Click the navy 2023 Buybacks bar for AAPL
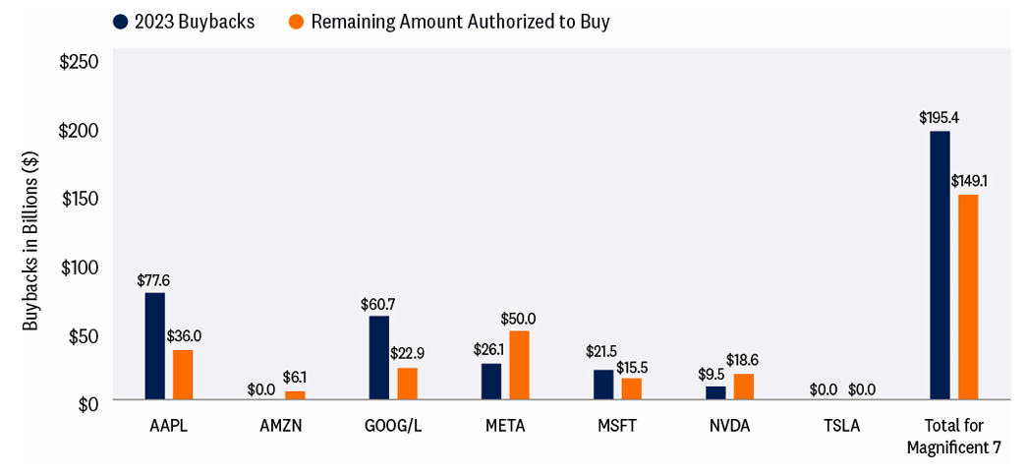[x=154, y=346]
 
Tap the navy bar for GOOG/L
[x=378, y=358]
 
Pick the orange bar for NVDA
[x=744, y=387]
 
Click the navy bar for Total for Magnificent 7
[x=940, y=266]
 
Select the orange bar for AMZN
[x=295, y=395]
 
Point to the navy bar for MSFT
[x=602, y=385]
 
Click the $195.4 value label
[x=939, y=118]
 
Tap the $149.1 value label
[x=970, y=181]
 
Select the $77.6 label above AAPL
[x=153, y=280]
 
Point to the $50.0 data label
[x=518, y=319]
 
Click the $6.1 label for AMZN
[x=295, y=378]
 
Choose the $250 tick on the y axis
[x=80, y=62]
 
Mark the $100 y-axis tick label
[x=80, y=268]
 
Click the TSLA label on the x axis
[x=840, y=426]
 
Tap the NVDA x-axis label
[x=730, y=426]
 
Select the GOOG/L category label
[x=393, y=426]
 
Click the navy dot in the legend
[x=121, y=22]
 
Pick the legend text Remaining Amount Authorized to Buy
[x=460, y=22]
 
